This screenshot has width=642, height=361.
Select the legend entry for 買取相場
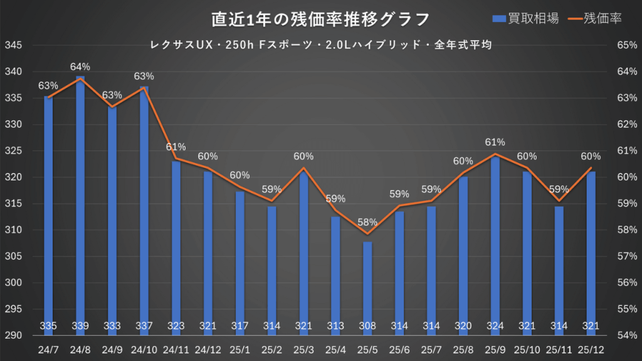(526, 18)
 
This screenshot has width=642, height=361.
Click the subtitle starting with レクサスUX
(320, 45)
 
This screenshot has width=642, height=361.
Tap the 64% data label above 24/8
(80, 66)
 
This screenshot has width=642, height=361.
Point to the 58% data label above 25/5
(367, 222)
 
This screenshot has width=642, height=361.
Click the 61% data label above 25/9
(495, 142)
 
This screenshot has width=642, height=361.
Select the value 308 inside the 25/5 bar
(367, 326)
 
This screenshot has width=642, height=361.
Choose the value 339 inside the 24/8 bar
(80, 326)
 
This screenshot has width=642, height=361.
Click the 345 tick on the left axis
(13, 46)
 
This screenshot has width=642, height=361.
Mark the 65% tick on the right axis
(627, 46)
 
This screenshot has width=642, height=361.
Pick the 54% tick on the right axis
(627, 336)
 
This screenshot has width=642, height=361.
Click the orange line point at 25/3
(303, 168)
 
